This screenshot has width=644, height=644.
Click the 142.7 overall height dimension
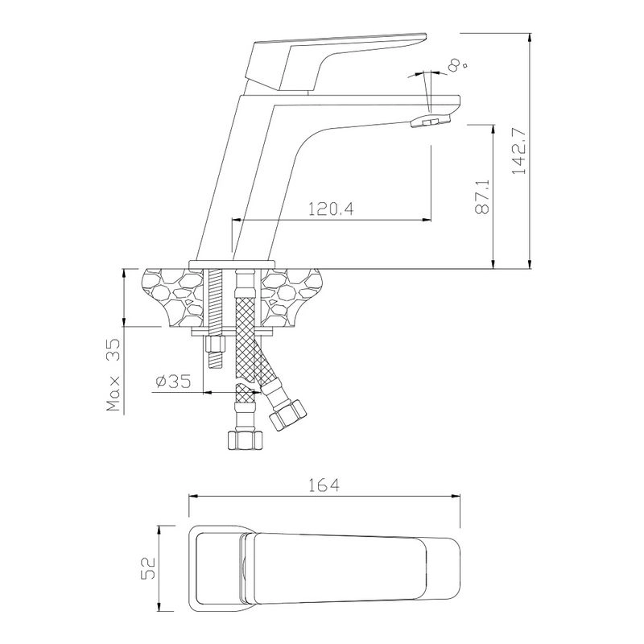(520, 151)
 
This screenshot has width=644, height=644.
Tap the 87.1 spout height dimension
(482, 196)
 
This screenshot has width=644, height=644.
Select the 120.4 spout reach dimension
(331, 209)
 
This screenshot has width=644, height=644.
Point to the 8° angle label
(457, 64)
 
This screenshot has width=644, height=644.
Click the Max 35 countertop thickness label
(114, 374)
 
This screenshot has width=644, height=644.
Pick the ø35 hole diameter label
(173, 381)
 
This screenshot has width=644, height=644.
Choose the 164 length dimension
(324, 485)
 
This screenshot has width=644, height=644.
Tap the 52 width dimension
(148, 568)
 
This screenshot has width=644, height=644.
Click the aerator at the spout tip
(431, 122)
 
